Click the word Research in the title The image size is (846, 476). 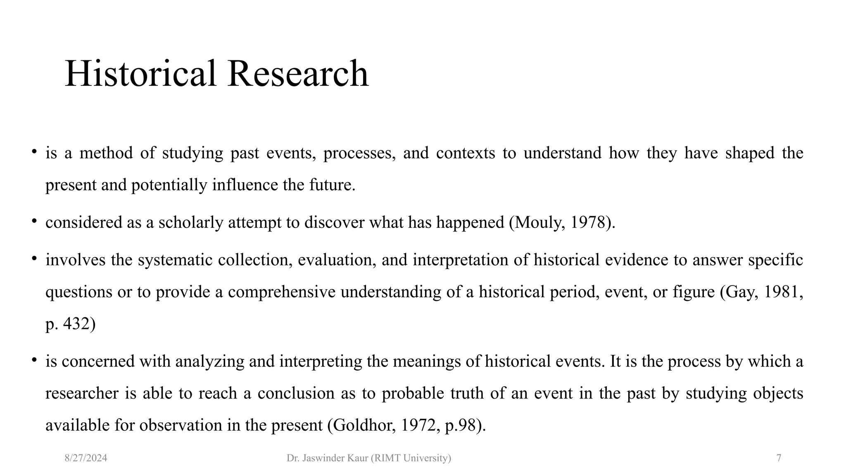coord(297,74)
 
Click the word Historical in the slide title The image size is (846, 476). coord(140,74)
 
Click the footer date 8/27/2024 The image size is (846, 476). coord(86,458)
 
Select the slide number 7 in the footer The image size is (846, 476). coord(779,458)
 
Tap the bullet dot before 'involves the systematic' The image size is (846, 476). coord(35,259)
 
